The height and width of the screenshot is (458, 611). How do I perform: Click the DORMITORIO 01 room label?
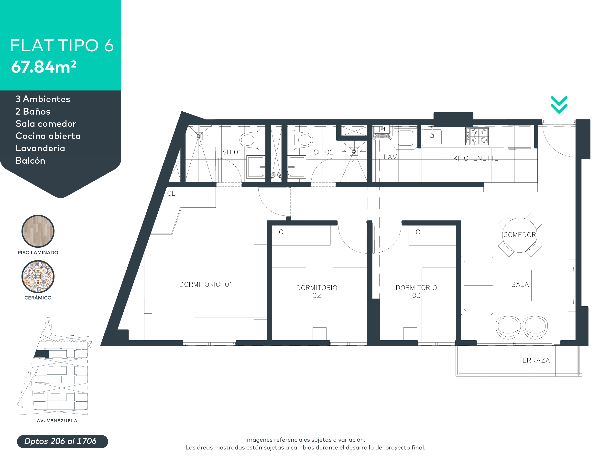[206, 284]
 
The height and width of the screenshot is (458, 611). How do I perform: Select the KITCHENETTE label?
[476, 159]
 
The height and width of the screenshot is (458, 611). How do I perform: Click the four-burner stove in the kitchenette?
[477, 136]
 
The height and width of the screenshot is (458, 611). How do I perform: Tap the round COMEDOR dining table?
[520, 235]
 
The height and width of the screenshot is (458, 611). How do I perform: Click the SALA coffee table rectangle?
[520, 285]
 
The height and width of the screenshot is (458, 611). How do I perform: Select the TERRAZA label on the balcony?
[534, 360]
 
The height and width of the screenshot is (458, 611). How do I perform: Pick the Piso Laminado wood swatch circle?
[38, 231]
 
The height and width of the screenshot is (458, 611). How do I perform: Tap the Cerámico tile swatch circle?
[38, 277]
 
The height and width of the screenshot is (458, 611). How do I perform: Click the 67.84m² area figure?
[44, 67]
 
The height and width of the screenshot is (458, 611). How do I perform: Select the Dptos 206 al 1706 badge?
[62, 441]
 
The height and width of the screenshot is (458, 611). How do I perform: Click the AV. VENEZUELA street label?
[57, 420]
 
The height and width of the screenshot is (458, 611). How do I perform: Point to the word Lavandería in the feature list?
[40, 148]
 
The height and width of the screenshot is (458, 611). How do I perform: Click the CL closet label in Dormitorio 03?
[419, 232]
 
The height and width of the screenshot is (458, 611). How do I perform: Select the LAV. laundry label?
[391, 157]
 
